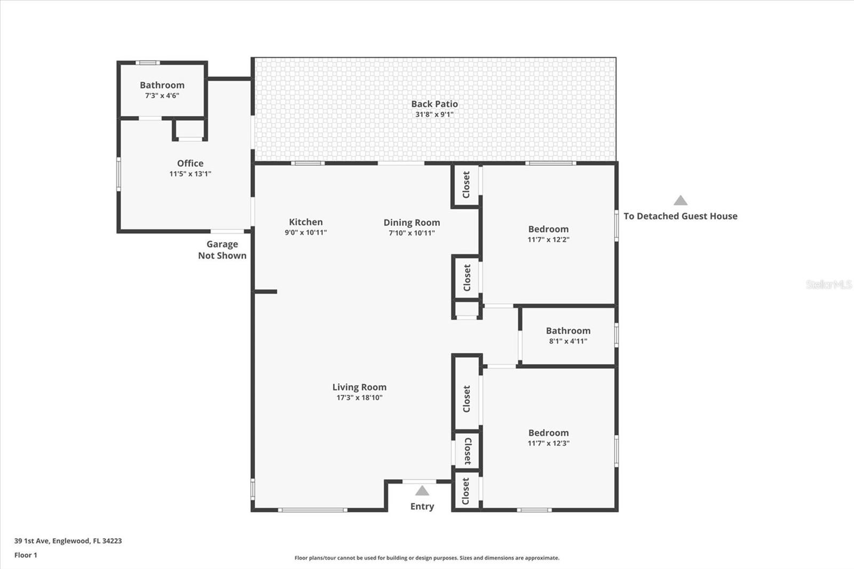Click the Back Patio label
coord(434,104)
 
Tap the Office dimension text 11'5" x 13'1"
coord(190,174)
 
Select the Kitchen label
coord(306,222)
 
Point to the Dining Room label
coord(412,223)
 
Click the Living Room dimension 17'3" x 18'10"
coord(360,398)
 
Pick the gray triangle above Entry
coord(422,491)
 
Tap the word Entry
coord(422,507)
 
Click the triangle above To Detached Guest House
coord(681,200)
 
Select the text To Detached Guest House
coord(681,216)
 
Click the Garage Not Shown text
coord(222,250)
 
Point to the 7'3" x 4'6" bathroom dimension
coord(162,96)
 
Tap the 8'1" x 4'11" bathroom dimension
coord(568,341)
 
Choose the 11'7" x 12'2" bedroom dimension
coord(549,240)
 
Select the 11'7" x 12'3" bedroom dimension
coord(549,443)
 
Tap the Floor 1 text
coord(26,555)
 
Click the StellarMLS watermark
coord(829,284)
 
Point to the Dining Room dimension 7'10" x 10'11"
coord(412,233)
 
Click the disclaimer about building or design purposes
coord(427,558)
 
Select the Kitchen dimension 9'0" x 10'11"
coord(306,233)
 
